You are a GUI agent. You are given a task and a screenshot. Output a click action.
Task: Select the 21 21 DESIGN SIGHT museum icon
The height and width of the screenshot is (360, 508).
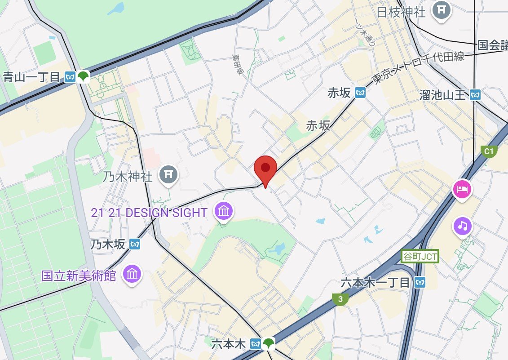pyautogui.click(x=224, y=210)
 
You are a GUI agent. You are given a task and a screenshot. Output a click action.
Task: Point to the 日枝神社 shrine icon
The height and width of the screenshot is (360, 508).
pyautogui.click(x=442, y=9)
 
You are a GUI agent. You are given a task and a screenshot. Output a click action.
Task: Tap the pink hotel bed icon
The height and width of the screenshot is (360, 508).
pyautogui.click(x=462, y=189)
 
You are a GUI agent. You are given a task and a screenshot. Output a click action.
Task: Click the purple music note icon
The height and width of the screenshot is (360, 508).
pyautogui.click(x=463, y=225)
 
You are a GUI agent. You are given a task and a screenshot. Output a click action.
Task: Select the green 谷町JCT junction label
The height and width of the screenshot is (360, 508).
pyautogui.click(x=420, y=257)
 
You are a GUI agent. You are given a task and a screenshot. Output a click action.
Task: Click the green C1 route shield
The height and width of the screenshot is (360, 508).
pyautogui.click(x=488, y=151)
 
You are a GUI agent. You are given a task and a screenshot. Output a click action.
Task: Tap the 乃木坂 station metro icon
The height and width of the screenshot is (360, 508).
pyautogui.click(x=135, y=244)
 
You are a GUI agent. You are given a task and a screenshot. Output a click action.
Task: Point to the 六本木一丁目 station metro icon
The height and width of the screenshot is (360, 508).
pyautogui.click(x=420, y=282)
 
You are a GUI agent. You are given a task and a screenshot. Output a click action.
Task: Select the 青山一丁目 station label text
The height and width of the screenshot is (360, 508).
pyautogui.click(x=31, y=77)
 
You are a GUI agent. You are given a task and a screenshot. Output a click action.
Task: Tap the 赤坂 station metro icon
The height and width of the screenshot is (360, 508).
pyautogui.click(x=360, y=93)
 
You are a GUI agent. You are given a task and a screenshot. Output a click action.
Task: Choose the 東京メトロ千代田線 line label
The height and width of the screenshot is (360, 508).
pyautogui.click(x=418, y=68)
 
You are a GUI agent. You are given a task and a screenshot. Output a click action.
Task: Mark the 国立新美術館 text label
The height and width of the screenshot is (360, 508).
pyautogui.click(x=79, y=275)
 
